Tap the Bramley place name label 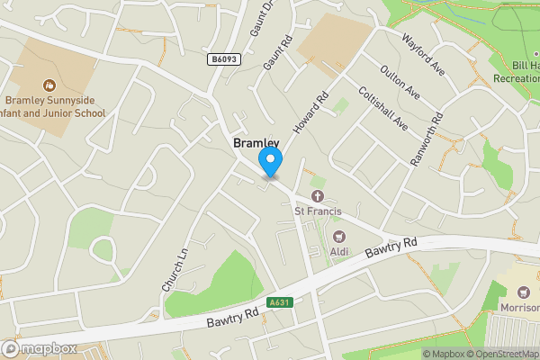coord(256,143)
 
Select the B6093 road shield coord(224,59)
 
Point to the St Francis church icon coord(317,196)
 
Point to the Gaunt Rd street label coord(275,53)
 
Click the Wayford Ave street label coord(424,54)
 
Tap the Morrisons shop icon coord(524,291)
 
